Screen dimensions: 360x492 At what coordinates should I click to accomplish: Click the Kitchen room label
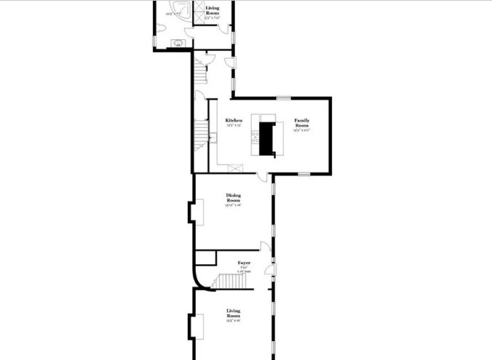tap(233, 120)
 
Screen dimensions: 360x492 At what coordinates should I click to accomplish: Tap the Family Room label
tap(301, 122)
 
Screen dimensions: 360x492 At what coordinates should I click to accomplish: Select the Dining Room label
tap(233, 197)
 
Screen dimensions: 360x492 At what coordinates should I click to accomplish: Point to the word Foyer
tap(244, 263)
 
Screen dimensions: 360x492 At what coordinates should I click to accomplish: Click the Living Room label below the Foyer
tap(233, 313)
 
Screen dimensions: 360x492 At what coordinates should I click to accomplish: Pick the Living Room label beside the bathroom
tap(212, 9)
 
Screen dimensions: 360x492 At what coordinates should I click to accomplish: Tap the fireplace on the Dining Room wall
tap(191, 212)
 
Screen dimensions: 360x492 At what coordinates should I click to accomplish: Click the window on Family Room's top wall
tap(284, 98)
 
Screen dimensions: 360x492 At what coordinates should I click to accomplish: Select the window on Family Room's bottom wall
tap(303, 174)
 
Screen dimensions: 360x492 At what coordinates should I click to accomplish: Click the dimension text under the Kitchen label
tap(233, 126)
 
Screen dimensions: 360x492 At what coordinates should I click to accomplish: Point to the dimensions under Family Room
tap(301, 131)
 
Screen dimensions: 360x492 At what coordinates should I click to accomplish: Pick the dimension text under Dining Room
tap(233, 205)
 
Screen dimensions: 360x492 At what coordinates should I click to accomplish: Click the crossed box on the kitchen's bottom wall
tap(234, 169)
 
